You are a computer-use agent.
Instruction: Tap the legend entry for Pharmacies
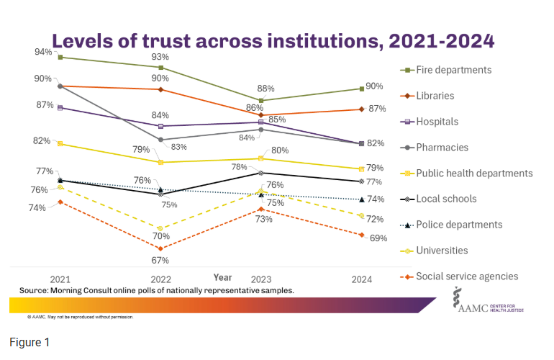(442, 148)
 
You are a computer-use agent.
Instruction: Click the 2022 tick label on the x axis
(160, 279)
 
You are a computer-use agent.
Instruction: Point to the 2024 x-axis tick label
(360, 279)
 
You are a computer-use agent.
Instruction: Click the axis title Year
(222, 276)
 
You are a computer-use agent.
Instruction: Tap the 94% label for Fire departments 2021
(42, 52)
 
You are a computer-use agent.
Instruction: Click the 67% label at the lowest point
(160, 260)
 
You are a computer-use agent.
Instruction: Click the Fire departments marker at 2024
(361, 89)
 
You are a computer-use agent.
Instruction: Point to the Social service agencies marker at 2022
(160, 248)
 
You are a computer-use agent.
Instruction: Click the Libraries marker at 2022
(160, 89)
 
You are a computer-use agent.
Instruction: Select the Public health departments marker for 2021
(60, 144)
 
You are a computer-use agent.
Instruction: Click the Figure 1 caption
(29, 342)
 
